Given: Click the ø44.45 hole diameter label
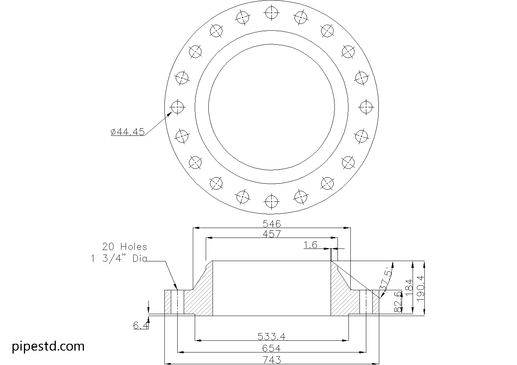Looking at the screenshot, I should click(128, 132).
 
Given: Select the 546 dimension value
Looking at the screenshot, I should click(271, 223).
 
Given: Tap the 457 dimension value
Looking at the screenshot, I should click(271, 234).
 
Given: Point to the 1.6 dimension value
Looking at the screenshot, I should click(311, 245).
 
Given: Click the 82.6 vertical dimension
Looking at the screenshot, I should click(398, 302).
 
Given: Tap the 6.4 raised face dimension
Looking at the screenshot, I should click(140, 325).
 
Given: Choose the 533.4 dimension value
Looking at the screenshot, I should click(271, 336).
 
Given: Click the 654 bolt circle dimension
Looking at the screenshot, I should click(271, 348).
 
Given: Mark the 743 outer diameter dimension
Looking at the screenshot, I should click(271, 359).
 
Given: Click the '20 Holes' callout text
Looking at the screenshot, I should click(124, 247).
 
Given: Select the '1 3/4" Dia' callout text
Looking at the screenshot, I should click(118, 259).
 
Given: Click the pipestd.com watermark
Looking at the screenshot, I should click(48, 346).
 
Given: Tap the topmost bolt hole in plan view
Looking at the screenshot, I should click(271, 13).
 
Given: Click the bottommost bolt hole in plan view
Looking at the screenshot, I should click(271, 201).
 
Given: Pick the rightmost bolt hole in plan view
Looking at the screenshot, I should click(366, 107).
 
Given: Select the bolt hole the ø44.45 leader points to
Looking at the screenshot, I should click(177, 107).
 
